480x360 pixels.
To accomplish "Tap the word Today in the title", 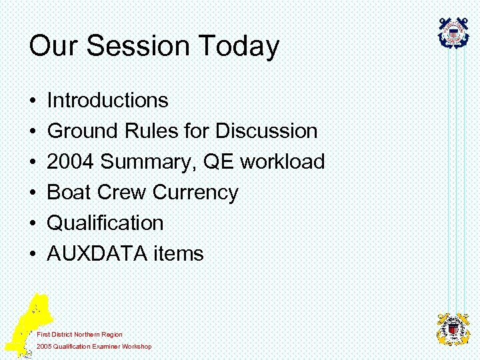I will click(x=238, y=47).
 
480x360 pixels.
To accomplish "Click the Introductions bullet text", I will click(x=108, y=101).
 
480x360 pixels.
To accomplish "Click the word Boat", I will click(x=70, y=193).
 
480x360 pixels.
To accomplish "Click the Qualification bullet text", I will click(x=105, y=223).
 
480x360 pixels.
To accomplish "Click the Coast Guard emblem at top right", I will click(x=453, y=33).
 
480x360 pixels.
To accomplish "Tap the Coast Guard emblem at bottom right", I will click(x=453, y=329).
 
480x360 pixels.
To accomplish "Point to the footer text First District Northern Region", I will click(x=80, y=334).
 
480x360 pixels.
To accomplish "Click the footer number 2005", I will click(x=45, y=347).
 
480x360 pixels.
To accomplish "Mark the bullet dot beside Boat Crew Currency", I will click(x=32, y=193).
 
